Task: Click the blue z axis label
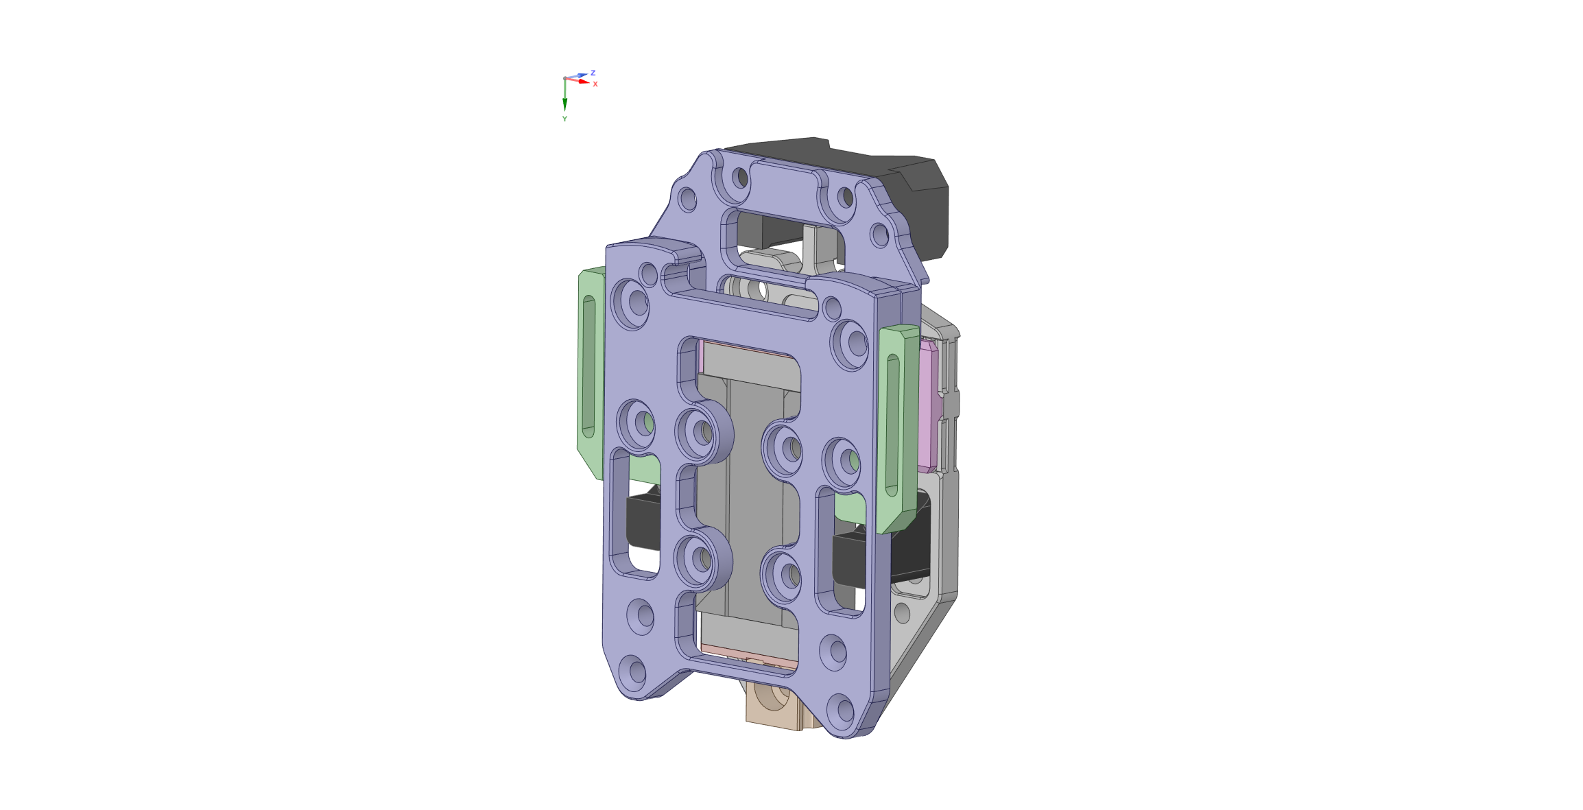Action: click(x=593, y=72)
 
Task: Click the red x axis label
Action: click(x=595, y=84)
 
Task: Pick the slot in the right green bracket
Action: click(x=892, y=425)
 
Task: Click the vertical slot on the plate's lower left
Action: click(x=634, y=514)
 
